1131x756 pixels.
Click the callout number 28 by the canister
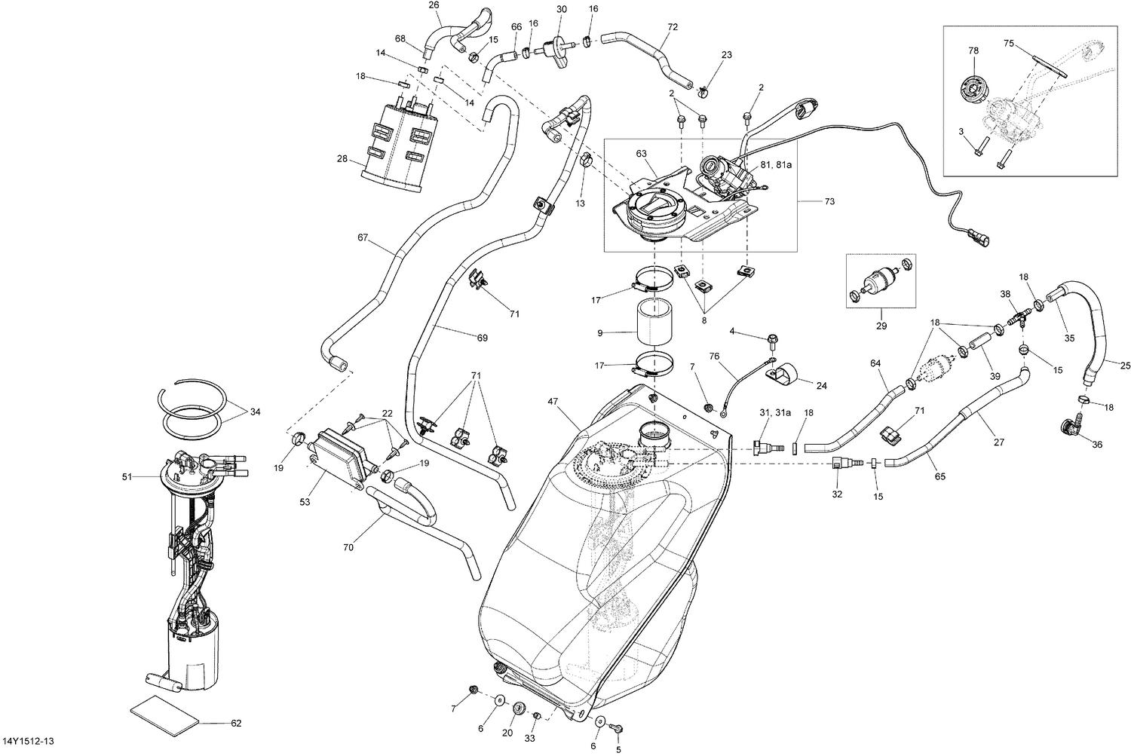tap(343, 158)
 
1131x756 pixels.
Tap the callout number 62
tap(236, 724)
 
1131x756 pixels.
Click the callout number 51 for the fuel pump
tap(127, 476)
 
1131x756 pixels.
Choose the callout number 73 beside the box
tap(830, 202)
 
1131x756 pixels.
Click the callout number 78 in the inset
tap(973, 50)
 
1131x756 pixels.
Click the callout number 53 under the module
tap(305, 501)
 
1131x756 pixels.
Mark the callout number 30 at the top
tap(561, 9)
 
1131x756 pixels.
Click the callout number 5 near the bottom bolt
tap(619, 750)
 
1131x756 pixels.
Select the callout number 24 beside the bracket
tap(821, 385)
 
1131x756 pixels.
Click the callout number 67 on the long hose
tap(363, 238)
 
